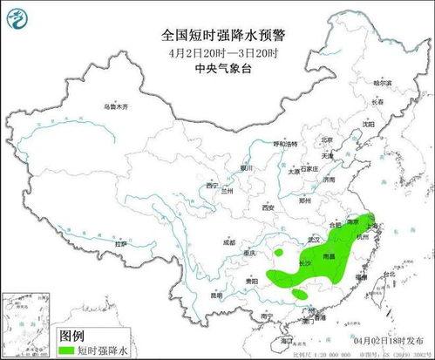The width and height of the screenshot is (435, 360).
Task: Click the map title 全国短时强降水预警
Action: coord(225,35)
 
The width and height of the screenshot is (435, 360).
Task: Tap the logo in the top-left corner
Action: coord(17,15)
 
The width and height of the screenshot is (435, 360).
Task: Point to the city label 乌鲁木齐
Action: coord(115,105)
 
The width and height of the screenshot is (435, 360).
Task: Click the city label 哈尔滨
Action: coord(384,82)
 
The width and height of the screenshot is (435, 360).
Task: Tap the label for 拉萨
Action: coord(121,244)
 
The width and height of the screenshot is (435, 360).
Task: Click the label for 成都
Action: coord(228,242)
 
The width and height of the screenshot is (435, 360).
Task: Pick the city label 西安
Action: coord(268,207)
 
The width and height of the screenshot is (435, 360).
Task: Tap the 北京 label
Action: coord(326,139)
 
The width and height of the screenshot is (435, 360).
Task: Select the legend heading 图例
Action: coord(71,335)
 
